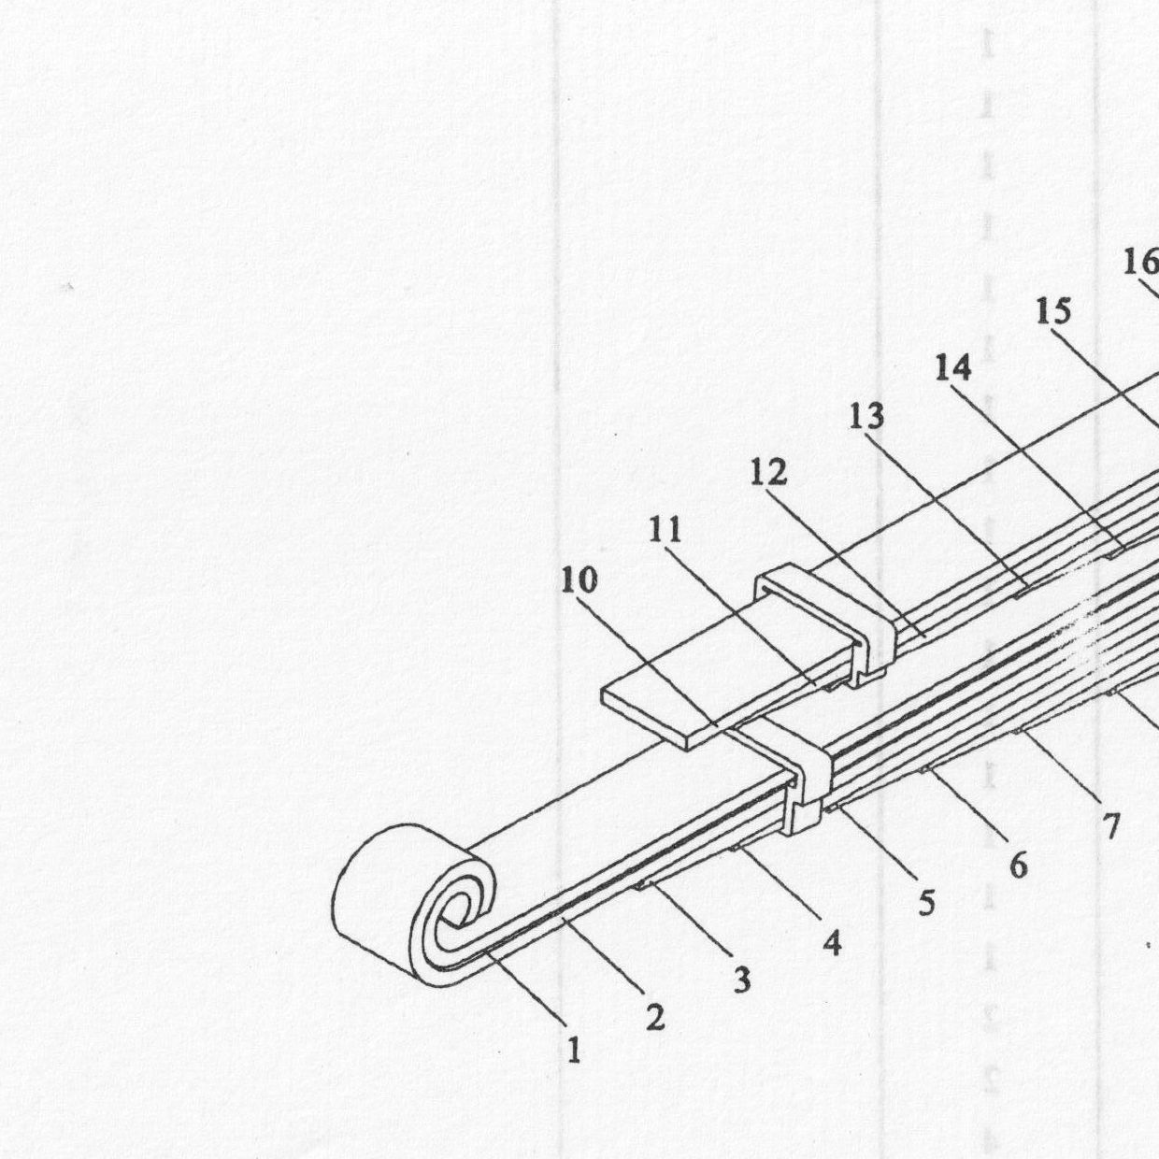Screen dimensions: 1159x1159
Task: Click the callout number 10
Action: pos(579,580)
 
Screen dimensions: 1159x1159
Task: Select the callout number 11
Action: pos(665,530)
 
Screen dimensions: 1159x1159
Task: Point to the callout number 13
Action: pos(866,416)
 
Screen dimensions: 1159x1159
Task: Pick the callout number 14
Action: pos(953,367)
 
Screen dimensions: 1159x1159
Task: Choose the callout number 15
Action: pos(1053,311)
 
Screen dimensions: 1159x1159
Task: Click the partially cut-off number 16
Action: pos(1141,263)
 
